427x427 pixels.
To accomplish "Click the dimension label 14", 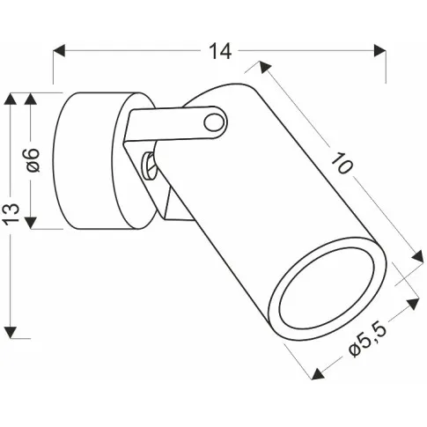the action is click(220, 51).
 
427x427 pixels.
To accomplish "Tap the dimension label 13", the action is click(12, 213).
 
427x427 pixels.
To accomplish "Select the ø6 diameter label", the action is click(33, 160).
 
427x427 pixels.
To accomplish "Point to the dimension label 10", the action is click(342, 163).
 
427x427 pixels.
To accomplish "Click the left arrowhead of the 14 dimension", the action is click(59, 50).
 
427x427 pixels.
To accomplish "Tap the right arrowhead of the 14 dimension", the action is click(380, 50).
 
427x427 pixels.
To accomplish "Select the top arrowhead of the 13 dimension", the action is click(11, 99).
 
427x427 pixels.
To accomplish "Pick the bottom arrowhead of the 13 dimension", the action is click(11, 332).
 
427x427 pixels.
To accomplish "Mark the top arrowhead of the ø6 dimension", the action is click(31, 99).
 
